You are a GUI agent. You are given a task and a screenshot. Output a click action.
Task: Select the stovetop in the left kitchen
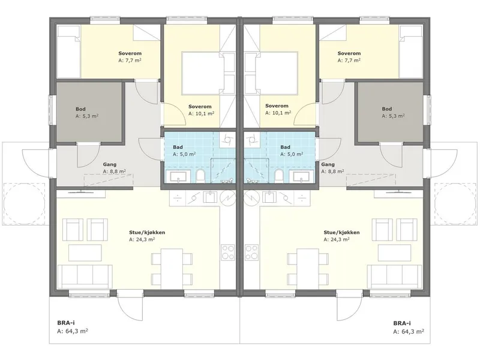coord(228,252)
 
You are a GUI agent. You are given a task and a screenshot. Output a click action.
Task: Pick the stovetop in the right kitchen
coord(251,252)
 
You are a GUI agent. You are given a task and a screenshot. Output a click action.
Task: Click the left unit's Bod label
coord(80,109)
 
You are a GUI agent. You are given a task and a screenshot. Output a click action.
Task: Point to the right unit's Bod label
coord(387,109)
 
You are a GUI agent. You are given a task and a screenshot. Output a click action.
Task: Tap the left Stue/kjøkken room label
coord(147,232)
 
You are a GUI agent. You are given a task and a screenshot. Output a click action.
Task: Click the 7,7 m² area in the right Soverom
coord(349,61)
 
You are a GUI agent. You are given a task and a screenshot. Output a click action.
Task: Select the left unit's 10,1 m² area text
coord(201,113)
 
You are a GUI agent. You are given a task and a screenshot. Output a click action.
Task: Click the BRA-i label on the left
coord(66,323)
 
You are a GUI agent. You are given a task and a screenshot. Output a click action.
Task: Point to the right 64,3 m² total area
coord(409,332)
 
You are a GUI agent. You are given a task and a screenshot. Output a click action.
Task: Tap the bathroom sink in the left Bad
coord(178,176)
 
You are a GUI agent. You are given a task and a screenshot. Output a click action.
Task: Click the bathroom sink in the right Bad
coord(302,176)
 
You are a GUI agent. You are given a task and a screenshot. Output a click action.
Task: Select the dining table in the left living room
coord(172,269)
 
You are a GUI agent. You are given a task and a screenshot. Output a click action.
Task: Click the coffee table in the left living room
coord(85,253)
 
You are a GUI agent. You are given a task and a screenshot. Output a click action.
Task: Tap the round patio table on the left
coord(24,203)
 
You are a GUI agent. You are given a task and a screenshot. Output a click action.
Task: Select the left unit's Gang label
coord(110,164)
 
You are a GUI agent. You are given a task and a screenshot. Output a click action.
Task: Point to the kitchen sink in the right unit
coord(269,197)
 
